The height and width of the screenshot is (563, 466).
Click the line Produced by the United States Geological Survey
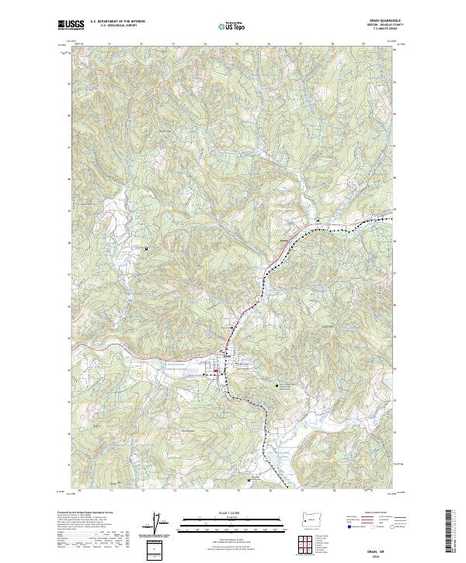85,513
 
